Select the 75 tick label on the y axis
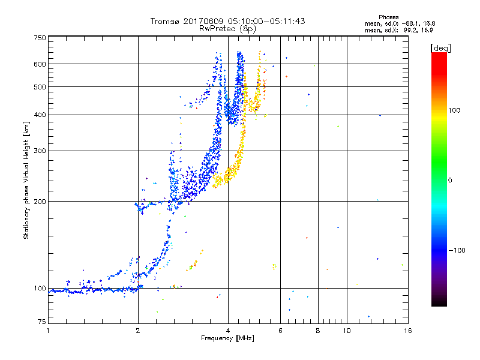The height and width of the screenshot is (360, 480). coord(41,323)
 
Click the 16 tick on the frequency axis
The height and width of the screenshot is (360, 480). coord(407,330)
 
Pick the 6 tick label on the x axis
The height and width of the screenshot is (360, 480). coord(280,330)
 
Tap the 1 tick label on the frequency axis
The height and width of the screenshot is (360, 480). coord(48,330)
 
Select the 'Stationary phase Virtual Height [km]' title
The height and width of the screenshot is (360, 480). coord(26,180)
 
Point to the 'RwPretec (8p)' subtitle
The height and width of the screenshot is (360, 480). coord(228,28)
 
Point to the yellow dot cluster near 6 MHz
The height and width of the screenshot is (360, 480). coord(275,266)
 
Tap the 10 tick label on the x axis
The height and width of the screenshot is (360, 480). coord(346,330)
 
